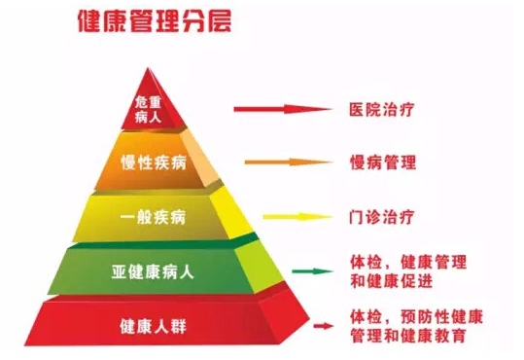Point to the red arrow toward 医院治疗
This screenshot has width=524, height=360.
coord(281,110)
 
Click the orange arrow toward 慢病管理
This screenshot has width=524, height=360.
coord(286,162)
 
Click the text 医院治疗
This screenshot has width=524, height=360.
coord(384,109)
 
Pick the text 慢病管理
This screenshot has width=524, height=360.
coord(383,162)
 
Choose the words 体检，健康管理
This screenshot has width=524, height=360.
coord(407,262)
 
